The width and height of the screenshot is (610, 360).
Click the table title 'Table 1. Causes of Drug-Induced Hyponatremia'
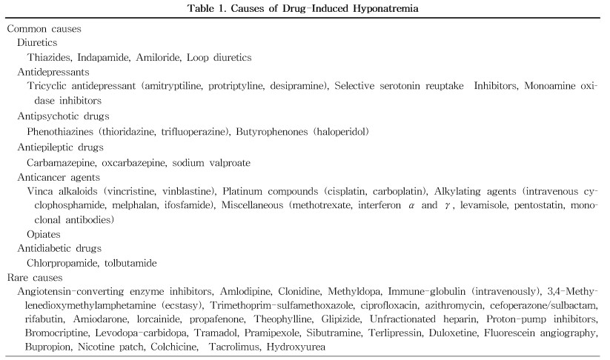(305, 8)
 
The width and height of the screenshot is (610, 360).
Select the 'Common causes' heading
(44, 29)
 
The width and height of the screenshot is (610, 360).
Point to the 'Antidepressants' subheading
(53, 72)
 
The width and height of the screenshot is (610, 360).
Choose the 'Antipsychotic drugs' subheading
(63, 116)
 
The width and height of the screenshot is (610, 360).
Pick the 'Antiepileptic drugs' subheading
(62, 147)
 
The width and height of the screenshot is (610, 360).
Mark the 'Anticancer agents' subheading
(59, 176)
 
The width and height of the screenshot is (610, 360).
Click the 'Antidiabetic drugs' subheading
(59, 247)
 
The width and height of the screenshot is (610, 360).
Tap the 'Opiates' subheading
(44, 233)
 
